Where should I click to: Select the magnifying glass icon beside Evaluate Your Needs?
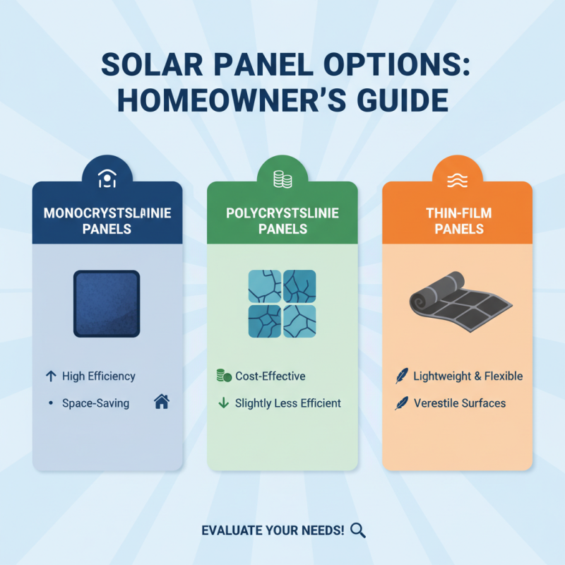pyautogui.click(x=357, y=530)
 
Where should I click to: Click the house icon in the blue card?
pyautogui.click(x=161, y=403)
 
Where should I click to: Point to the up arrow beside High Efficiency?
pyautogui.click(x=50, y=376)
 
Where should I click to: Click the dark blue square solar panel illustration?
pyautogui.click(x=107, y=303)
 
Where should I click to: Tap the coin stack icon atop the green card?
pyautogui.click(x=282, y=180)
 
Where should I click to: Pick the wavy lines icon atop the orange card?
pyautogui.click(x=457, y=180)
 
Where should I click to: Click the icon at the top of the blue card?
pyautogui.click(x=107, y=180)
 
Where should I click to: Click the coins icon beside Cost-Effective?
pyautogui.click(x=222, y=376)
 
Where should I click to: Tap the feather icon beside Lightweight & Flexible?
pyautogui.click(x=401, y=376)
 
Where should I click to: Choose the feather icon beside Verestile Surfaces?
pyautogui.click(x=401, y=403)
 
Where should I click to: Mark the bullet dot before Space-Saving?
pyautogui.click(x=50, y=403)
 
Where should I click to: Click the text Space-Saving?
pyautogui.click(x=95, y=403)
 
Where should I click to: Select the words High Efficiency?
pyautogui.click(x=98, y=376)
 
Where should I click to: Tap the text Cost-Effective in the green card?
pyautogui.click(x=270, y=376)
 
